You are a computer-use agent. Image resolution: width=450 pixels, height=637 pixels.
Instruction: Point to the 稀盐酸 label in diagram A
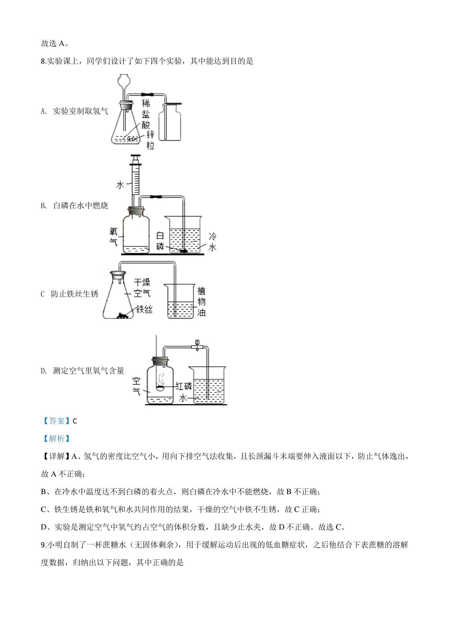pos(146,114)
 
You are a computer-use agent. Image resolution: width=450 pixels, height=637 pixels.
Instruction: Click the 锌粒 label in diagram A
pos(150,140)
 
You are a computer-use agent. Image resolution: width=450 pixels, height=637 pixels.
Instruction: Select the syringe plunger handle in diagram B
pos(135,157)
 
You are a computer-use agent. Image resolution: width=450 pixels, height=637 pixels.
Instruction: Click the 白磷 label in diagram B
pos(160,241)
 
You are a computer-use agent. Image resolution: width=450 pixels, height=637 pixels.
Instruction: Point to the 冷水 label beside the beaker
pos(212,242)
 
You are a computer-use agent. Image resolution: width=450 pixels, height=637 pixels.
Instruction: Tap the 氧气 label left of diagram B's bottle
pos(113,236)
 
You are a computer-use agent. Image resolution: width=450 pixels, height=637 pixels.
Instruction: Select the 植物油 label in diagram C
pos(201,302)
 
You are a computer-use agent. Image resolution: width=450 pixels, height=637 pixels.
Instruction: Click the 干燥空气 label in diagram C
pos(142,287)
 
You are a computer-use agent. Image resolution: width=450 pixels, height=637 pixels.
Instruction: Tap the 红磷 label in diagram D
pos(183,386)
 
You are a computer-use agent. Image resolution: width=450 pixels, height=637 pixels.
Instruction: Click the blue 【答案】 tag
pos(56,421)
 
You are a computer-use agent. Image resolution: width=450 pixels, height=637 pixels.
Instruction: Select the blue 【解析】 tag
pos(56,439)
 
